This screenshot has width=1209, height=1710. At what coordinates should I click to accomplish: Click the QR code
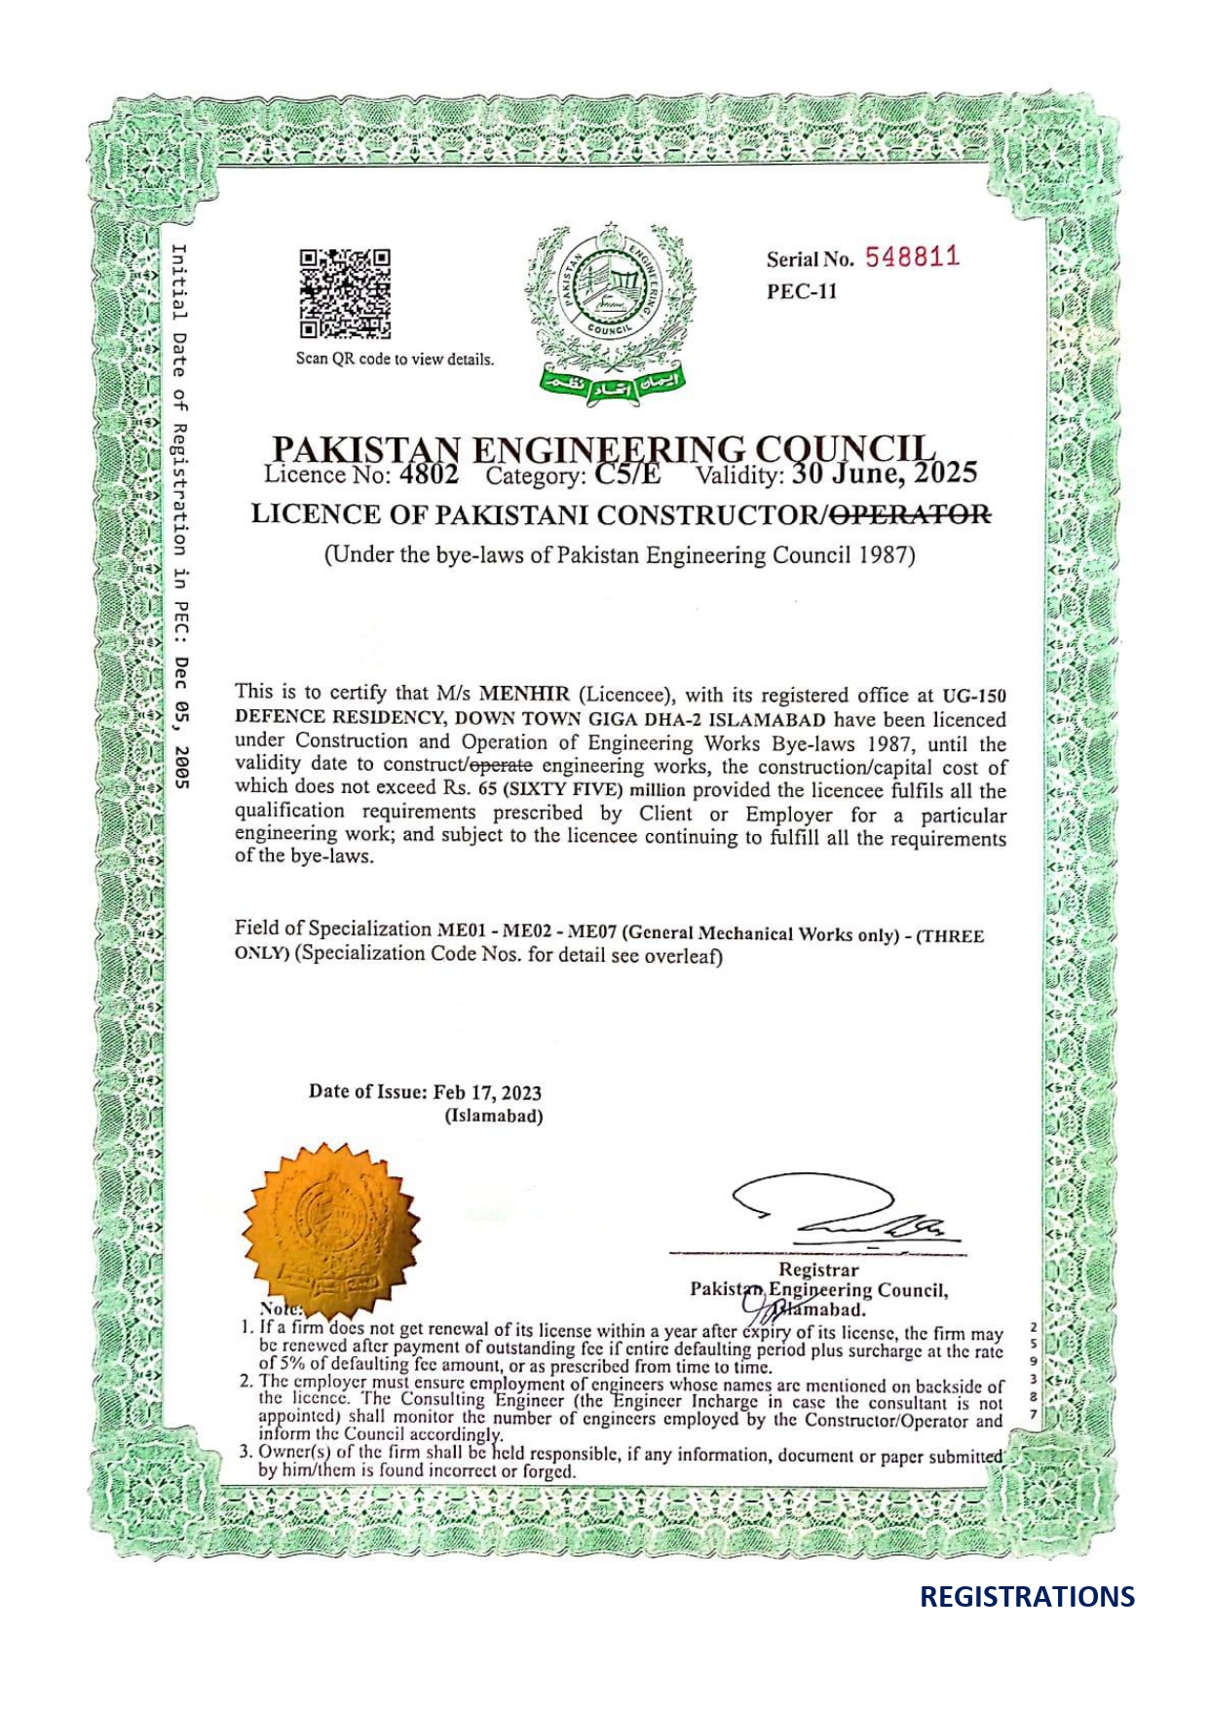point(345,293)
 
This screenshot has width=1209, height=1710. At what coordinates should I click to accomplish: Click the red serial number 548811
point(912,257)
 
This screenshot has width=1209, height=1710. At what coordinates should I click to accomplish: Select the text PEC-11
point(801,291)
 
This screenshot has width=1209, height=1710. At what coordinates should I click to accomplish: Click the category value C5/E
point(627,475)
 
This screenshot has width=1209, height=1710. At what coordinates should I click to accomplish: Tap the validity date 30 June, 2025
point(884,473)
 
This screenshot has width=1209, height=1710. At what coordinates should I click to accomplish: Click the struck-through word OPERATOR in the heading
point(913,513)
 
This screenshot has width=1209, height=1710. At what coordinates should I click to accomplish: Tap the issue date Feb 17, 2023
point(487,1092)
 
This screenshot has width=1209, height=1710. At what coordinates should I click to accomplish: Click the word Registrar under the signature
point(818,1270)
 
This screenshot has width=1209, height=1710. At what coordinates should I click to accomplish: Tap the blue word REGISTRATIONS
point(1027,1597)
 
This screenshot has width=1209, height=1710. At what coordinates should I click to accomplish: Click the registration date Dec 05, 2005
point(180,722)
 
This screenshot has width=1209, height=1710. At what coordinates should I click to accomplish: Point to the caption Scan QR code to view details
point(395,359)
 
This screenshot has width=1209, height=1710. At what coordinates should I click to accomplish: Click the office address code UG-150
point(973,697)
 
